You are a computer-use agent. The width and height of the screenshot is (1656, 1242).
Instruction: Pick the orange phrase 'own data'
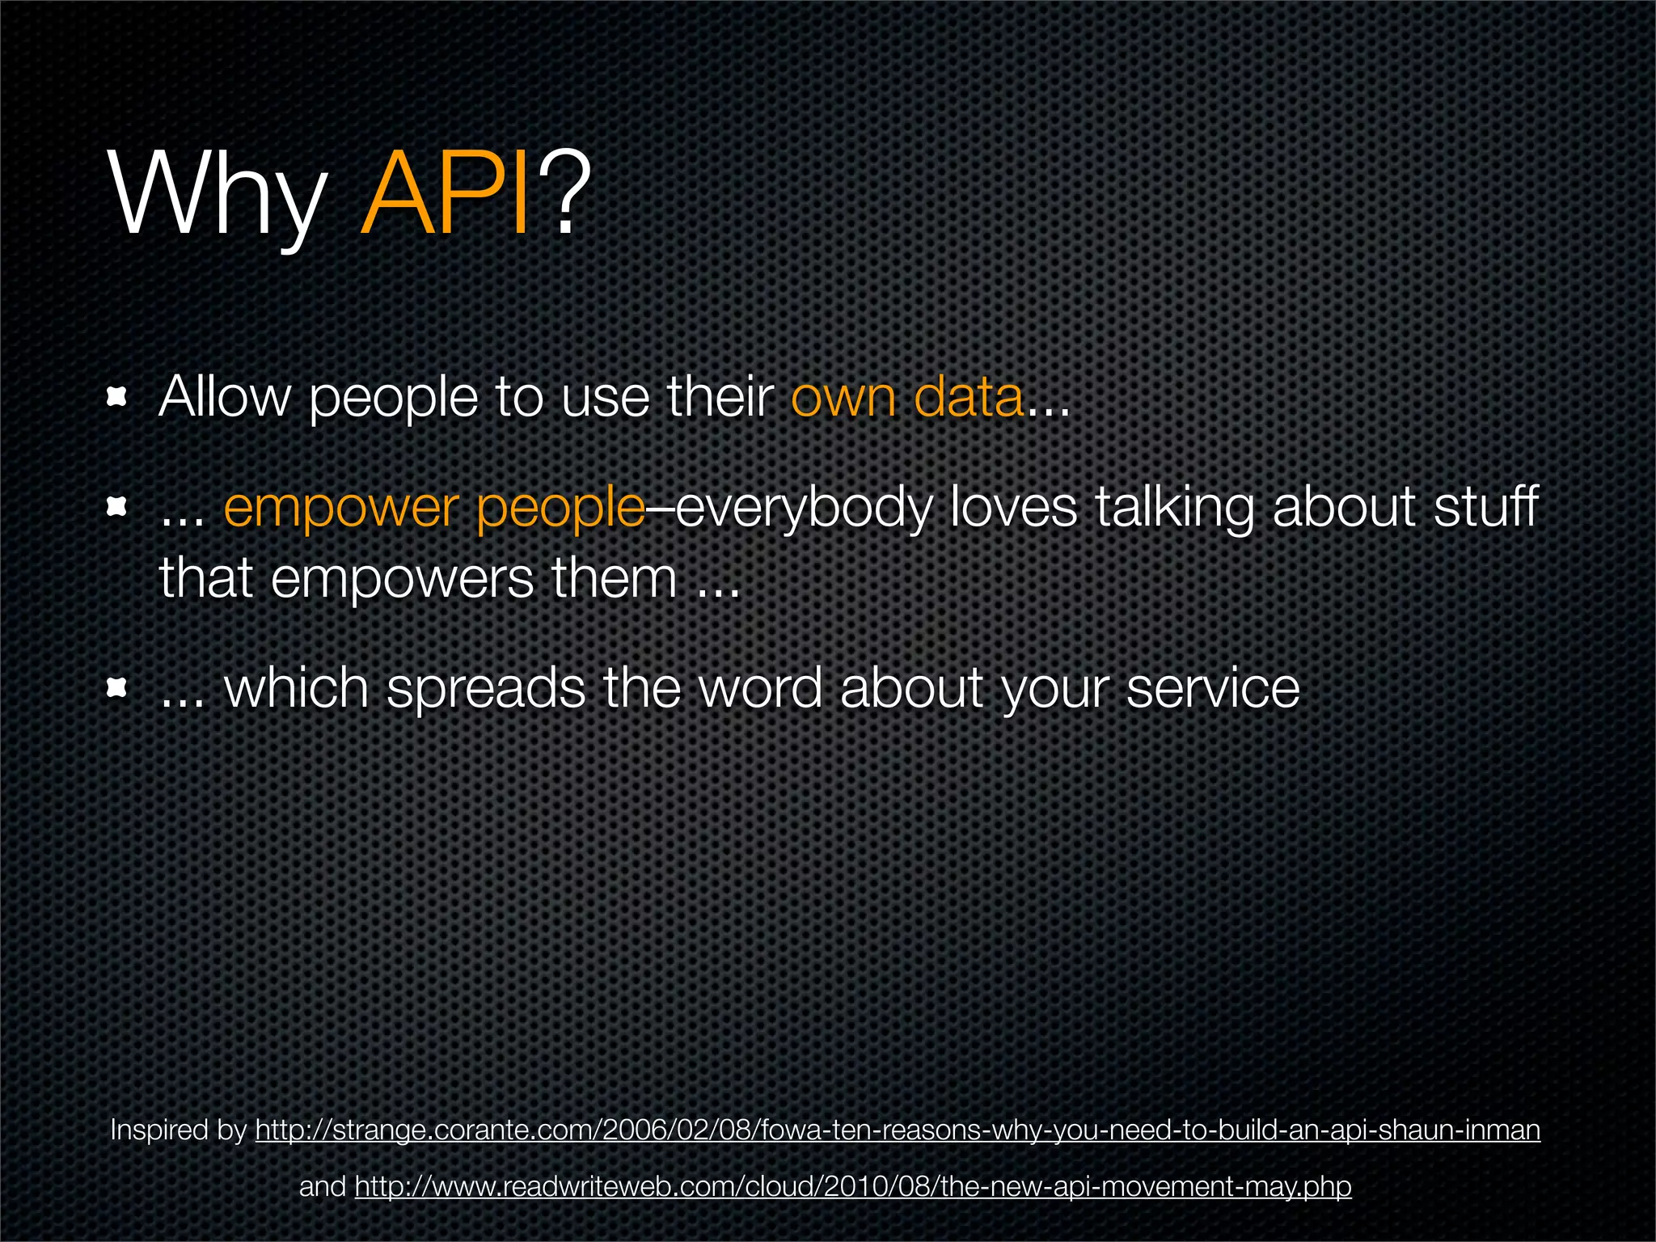[906, 398]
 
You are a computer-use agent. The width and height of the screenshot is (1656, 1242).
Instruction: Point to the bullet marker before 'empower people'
[118, 507]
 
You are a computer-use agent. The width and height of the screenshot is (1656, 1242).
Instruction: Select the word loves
[1013, 507]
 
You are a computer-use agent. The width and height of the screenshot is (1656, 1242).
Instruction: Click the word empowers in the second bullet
[402, 580]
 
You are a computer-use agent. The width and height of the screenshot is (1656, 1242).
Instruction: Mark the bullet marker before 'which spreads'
[118, 688]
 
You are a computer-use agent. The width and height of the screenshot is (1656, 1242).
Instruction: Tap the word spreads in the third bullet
[485, 689]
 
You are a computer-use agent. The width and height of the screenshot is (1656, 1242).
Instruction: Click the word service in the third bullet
[1212, 689]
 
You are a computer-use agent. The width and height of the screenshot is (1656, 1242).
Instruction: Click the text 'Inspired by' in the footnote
[178, 1130]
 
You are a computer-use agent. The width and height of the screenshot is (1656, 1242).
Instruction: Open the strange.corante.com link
[898, 1130]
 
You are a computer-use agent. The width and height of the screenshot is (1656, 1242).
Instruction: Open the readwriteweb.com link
[853, 1187]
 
